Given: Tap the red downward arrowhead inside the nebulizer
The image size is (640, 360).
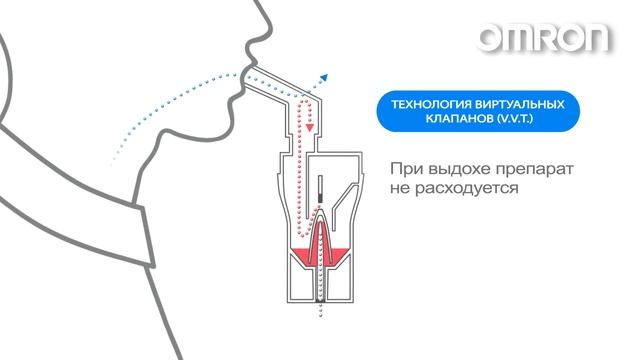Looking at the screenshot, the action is [311, 129].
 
